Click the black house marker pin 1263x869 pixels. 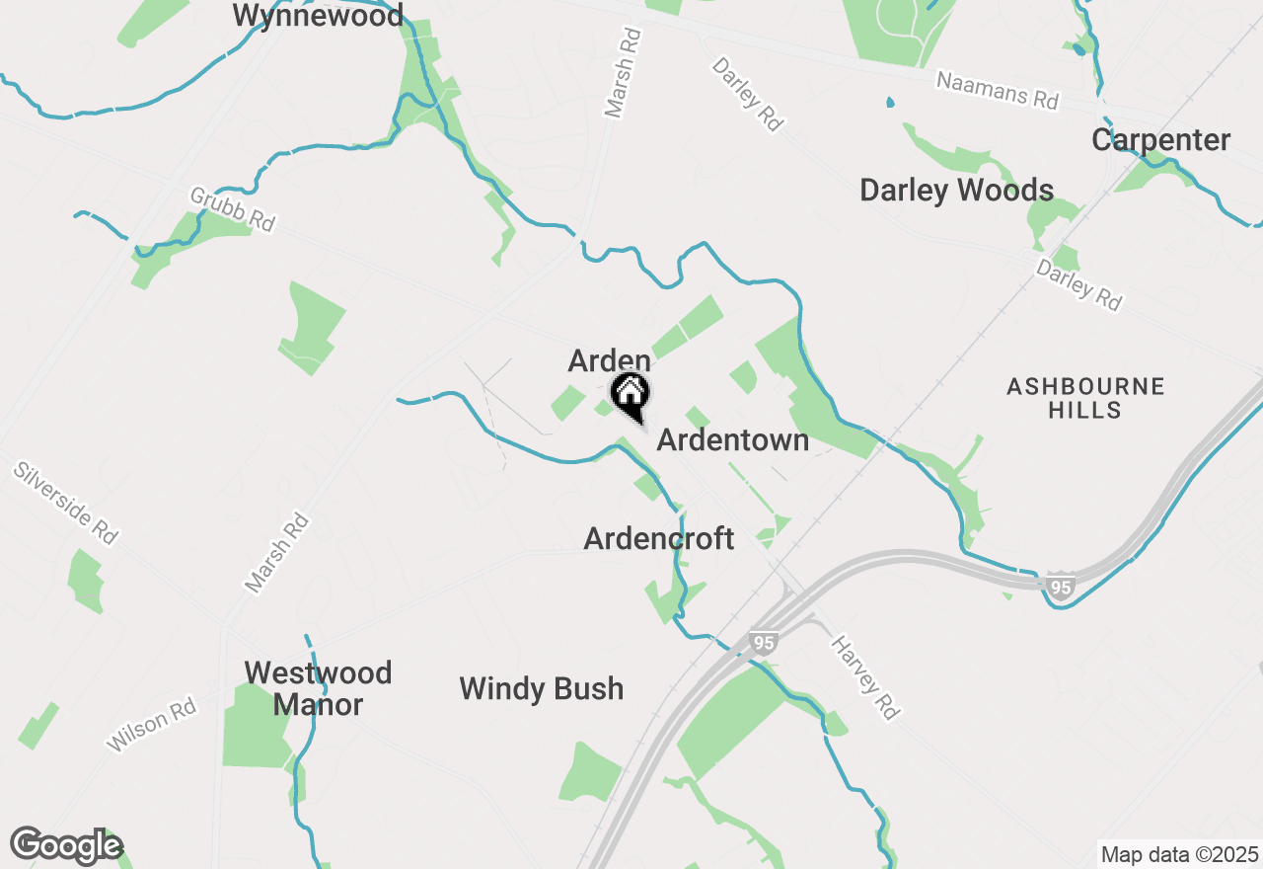point(630,395)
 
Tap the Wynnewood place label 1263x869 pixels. point(318,16)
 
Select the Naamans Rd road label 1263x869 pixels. point(997,91)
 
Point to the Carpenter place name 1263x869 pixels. point(1160,140)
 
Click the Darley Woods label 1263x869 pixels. point(956,191)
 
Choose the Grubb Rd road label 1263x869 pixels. point(232,209)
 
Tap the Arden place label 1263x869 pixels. point(609,360)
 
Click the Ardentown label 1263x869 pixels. point(732,440)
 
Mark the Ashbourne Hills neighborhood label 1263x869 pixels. point(1085,398)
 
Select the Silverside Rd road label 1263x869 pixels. point(65,502)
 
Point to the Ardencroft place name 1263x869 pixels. point(658,539)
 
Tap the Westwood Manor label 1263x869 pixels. point(318,688)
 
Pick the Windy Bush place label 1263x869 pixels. point(541,688)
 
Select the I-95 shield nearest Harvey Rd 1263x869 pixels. point(764,643)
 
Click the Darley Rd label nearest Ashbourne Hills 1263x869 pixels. point(1078,284)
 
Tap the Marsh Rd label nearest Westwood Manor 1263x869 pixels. point(277,552)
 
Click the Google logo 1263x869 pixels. point(66,846)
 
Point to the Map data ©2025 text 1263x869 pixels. point(1179,854)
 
